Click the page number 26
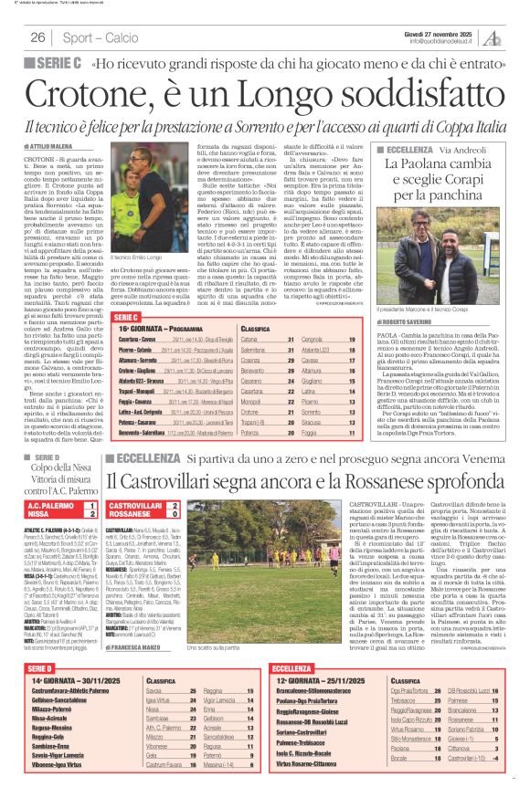[38, 37]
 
